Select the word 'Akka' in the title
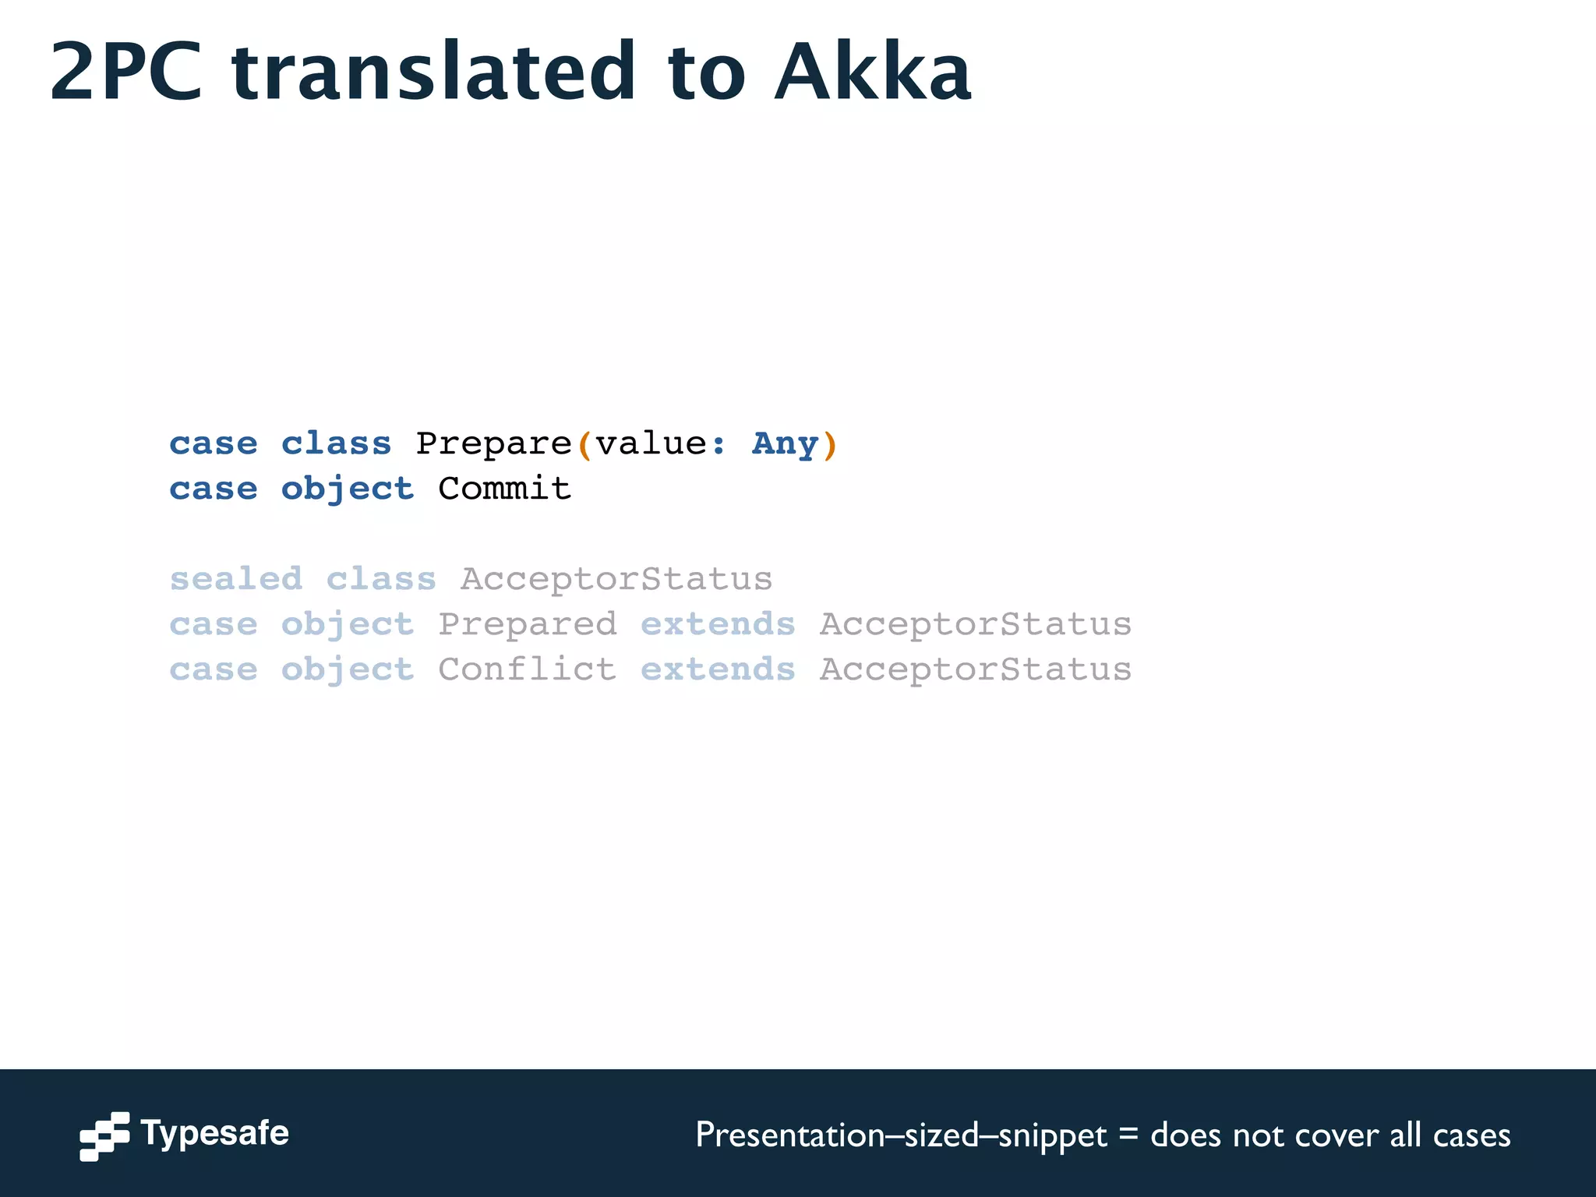(x=873, y=72)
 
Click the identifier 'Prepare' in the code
(x=494, y=444)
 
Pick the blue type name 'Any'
(x=785, y=444)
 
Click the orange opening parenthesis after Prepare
(x=584, y=446)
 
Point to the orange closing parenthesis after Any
(x=830, y=446)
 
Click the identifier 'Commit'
(x=504, y=489)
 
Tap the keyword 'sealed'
(x=236, y=579)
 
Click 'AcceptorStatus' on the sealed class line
(x=616, y=579)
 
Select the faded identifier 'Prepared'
(x=528, y=625)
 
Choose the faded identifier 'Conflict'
(x=528, y=669)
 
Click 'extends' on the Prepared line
(x=718, y=624)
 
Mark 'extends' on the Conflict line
(x=718, y=669)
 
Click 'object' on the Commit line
(x=348, y=489)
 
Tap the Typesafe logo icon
(x=104, y=1135)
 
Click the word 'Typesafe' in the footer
(x=214, y=1133)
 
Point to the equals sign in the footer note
(x=1128, y=1135)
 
